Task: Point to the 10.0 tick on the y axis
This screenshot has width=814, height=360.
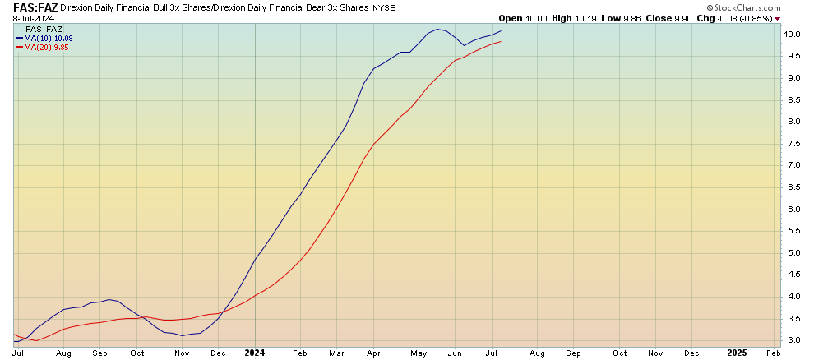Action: point(793,35)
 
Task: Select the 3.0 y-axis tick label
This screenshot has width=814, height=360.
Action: point(793,339)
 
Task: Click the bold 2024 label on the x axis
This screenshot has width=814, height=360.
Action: point(254,352)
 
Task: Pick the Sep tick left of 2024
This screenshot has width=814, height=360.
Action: point(100,352)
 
